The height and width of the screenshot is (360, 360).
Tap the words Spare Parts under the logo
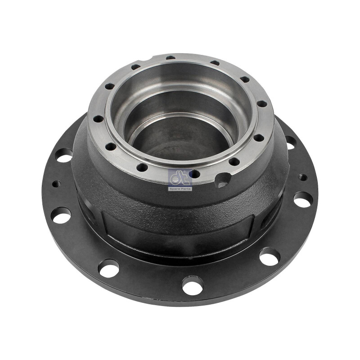click(x=180, y=189)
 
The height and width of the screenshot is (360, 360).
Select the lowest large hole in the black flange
click(x=193, y=285)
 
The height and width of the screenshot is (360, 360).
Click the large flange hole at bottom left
click(x=109, y=268)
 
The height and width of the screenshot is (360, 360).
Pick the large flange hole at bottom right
click(x=270, y=256)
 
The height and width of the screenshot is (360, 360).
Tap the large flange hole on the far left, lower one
click(x=61, y=215)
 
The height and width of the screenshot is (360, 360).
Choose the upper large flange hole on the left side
click(x=64, y=156)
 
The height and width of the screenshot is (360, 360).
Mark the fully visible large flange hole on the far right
click(x=303, y=199)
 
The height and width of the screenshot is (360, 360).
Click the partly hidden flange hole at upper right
click(x=290, y=143)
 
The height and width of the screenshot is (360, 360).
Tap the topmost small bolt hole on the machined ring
click(x=170, y=58)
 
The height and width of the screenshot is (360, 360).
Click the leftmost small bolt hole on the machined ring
click(x=97, y=119)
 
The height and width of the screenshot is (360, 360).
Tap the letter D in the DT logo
click(x=175, y=178)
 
